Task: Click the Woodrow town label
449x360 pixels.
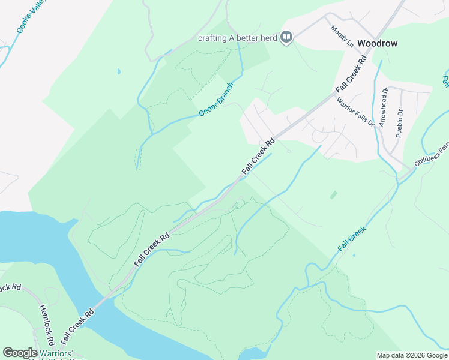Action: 377,43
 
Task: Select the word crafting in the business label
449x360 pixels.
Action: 212,38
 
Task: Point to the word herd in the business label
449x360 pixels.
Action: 268,38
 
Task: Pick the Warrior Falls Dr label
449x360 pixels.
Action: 355,112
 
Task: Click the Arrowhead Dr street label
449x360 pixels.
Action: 385,107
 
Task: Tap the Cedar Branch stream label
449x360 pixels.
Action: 215,100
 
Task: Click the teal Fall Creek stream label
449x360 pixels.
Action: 351,238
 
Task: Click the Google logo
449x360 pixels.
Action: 20,353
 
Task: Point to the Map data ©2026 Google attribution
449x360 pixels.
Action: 411,355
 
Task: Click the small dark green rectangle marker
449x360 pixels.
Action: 333,195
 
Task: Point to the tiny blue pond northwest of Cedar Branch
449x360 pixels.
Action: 119,71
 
